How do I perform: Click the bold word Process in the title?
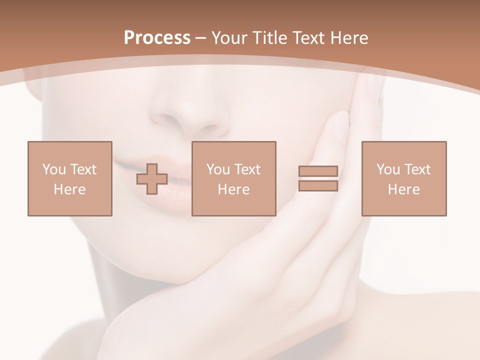[x=157, y=38]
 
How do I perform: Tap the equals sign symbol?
[x=318, y=178]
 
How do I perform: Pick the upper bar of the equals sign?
[x=318, y=171]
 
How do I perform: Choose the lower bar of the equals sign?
[x=318, y=185]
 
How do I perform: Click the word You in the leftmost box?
[x=54, y=169]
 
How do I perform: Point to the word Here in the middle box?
[x=233, y=189]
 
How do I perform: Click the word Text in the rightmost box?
[x=417, y=169]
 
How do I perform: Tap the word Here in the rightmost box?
[x=403, y=189]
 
